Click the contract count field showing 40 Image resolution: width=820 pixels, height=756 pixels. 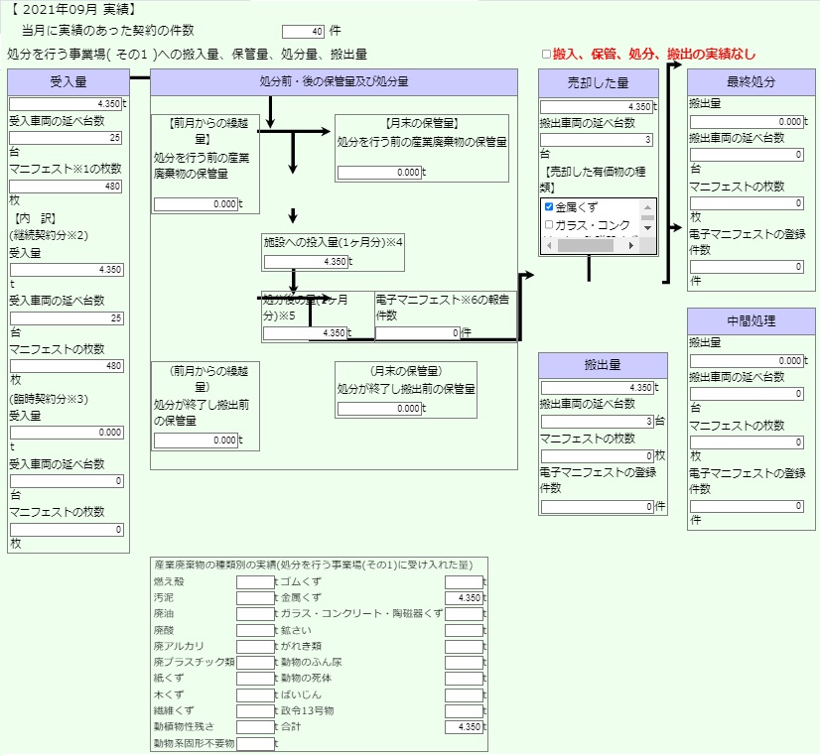tap(304, 31)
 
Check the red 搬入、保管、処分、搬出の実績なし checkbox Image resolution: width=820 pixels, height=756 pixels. tap(546, 55)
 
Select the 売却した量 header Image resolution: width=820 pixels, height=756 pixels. tap(598, 82)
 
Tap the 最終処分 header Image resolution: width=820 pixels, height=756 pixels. tap(751, 82)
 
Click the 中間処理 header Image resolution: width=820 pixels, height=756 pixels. tap(751, 320)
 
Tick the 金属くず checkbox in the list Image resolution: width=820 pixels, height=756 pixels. tap(549, 208)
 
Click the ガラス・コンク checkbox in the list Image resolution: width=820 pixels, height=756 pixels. tap(549, 225)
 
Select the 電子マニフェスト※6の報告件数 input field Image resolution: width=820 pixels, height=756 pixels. tap(417, 333)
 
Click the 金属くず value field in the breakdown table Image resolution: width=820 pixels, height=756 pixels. tap(464, 598)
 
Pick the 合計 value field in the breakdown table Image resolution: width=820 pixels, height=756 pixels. tap(464, 727)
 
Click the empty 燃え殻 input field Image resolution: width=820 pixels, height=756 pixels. tap(255, 581)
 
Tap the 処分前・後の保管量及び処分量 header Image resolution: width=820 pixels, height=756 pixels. tap(334, 82)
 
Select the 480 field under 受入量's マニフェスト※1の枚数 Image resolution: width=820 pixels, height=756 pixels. tap(67, 186)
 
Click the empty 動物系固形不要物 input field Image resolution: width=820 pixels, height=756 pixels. tap(255, 743)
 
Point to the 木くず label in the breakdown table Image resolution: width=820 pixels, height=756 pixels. tap(168, 694)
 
